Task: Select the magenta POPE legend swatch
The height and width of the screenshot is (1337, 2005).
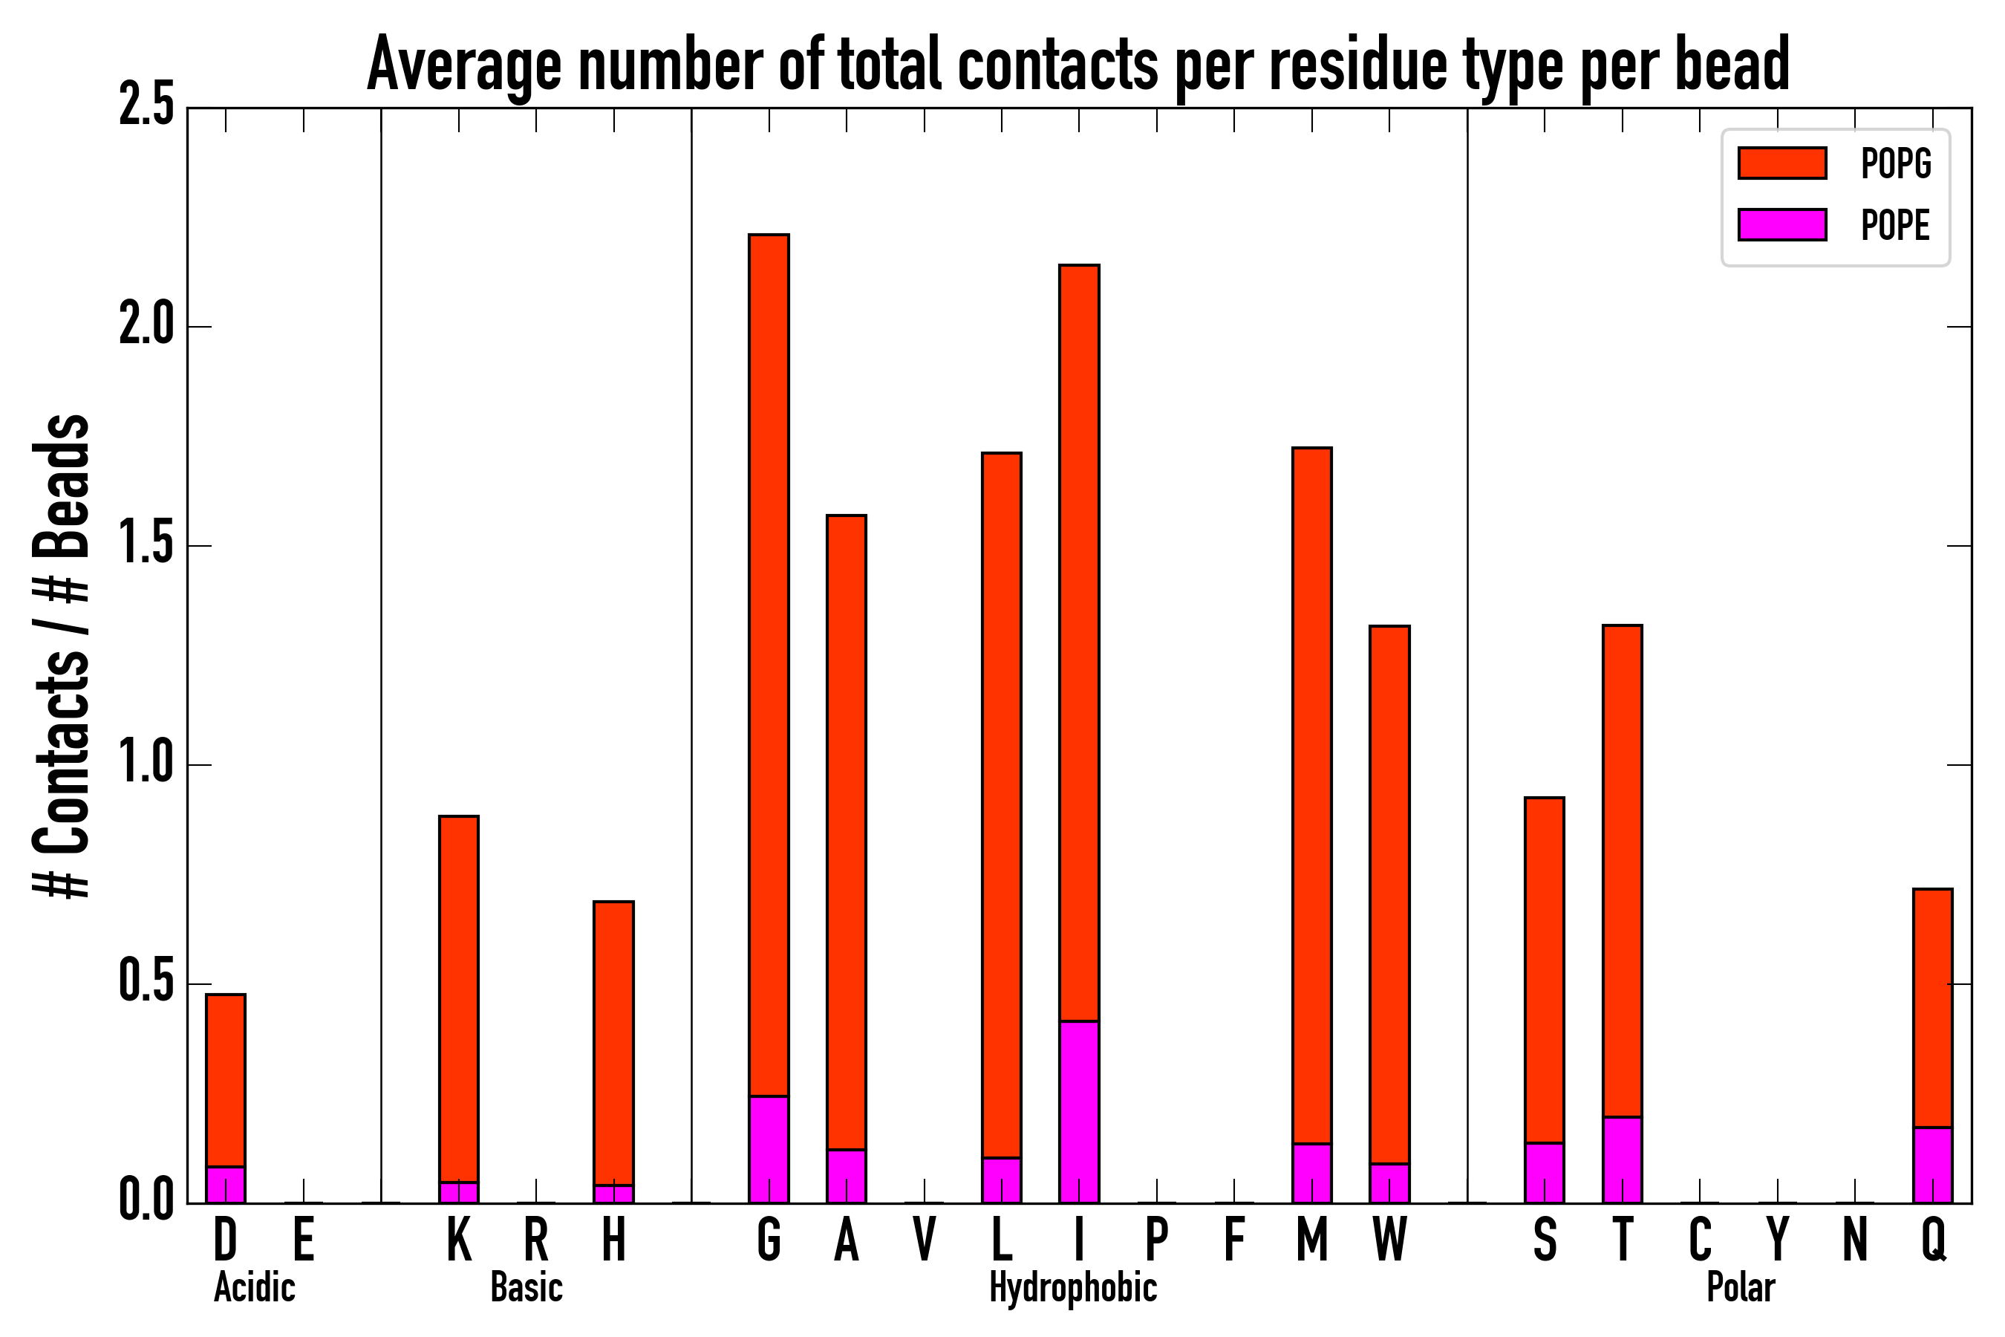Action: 1781,224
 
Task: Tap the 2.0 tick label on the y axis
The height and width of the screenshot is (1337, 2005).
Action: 146,327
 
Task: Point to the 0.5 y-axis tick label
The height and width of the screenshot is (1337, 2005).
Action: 146,983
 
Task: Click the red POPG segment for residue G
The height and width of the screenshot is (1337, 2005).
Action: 769,665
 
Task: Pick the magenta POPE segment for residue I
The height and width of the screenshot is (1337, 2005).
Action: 1079,1112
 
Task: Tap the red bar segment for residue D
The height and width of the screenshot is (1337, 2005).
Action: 226,1079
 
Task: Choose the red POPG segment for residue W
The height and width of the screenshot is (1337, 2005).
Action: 1389,894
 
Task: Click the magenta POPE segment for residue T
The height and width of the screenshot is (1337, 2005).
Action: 1623,1159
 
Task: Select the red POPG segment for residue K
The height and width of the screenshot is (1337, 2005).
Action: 459,998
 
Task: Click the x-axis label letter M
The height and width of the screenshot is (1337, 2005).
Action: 1312,1240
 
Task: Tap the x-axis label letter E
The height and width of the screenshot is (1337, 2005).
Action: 304,1240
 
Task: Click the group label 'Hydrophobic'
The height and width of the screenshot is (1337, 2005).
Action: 1073,1287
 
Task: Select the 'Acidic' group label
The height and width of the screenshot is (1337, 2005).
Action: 254,1287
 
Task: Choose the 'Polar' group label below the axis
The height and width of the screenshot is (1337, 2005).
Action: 1741,1287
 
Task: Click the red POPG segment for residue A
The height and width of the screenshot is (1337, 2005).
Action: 847,832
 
